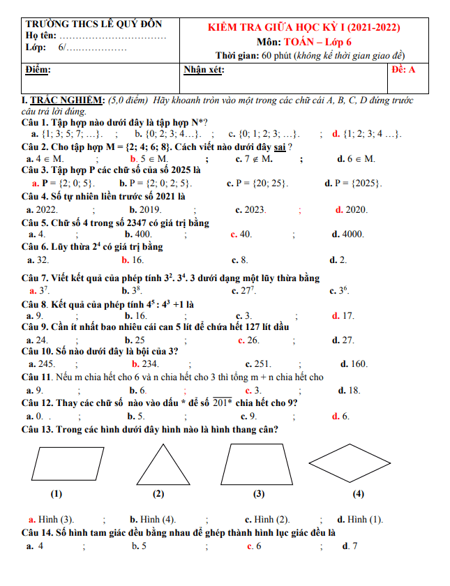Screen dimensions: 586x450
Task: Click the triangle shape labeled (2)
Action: tap(158, 466)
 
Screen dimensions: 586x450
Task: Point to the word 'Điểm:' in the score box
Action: tap(38, 70)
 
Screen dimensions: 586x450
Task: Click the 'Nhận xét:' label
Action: tap(204, 70)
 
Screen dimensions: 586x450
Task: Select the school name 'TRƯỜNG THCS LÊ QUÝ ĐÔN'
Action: tap(93, 24)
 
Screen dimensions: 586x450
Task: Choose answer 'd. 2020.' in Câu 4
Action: tap(352, 209)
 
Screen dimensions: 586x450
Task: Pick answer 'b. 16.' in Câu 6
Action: tap(133, 260)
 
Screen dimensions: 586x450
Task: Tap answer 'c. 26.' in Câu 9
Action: tap(248, 340)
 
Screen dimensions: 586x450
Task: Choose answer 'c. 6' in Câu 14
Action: tap(254, 546)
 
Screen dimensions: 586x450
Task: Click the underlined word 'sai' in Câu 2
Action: tap(280, 146)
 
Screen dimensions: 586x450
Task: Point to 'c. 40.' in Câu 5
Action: tap(241, 234)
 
